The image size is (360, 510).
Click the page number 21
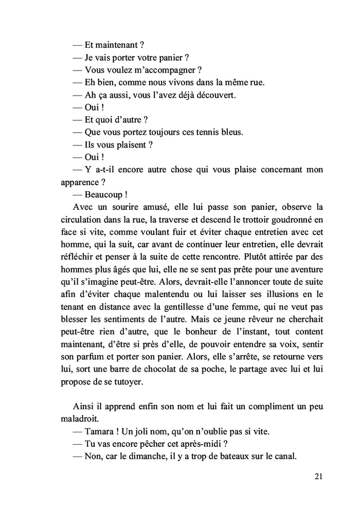tap(318, 477)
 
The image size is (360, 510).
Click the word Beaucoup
tap(104, 194)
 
